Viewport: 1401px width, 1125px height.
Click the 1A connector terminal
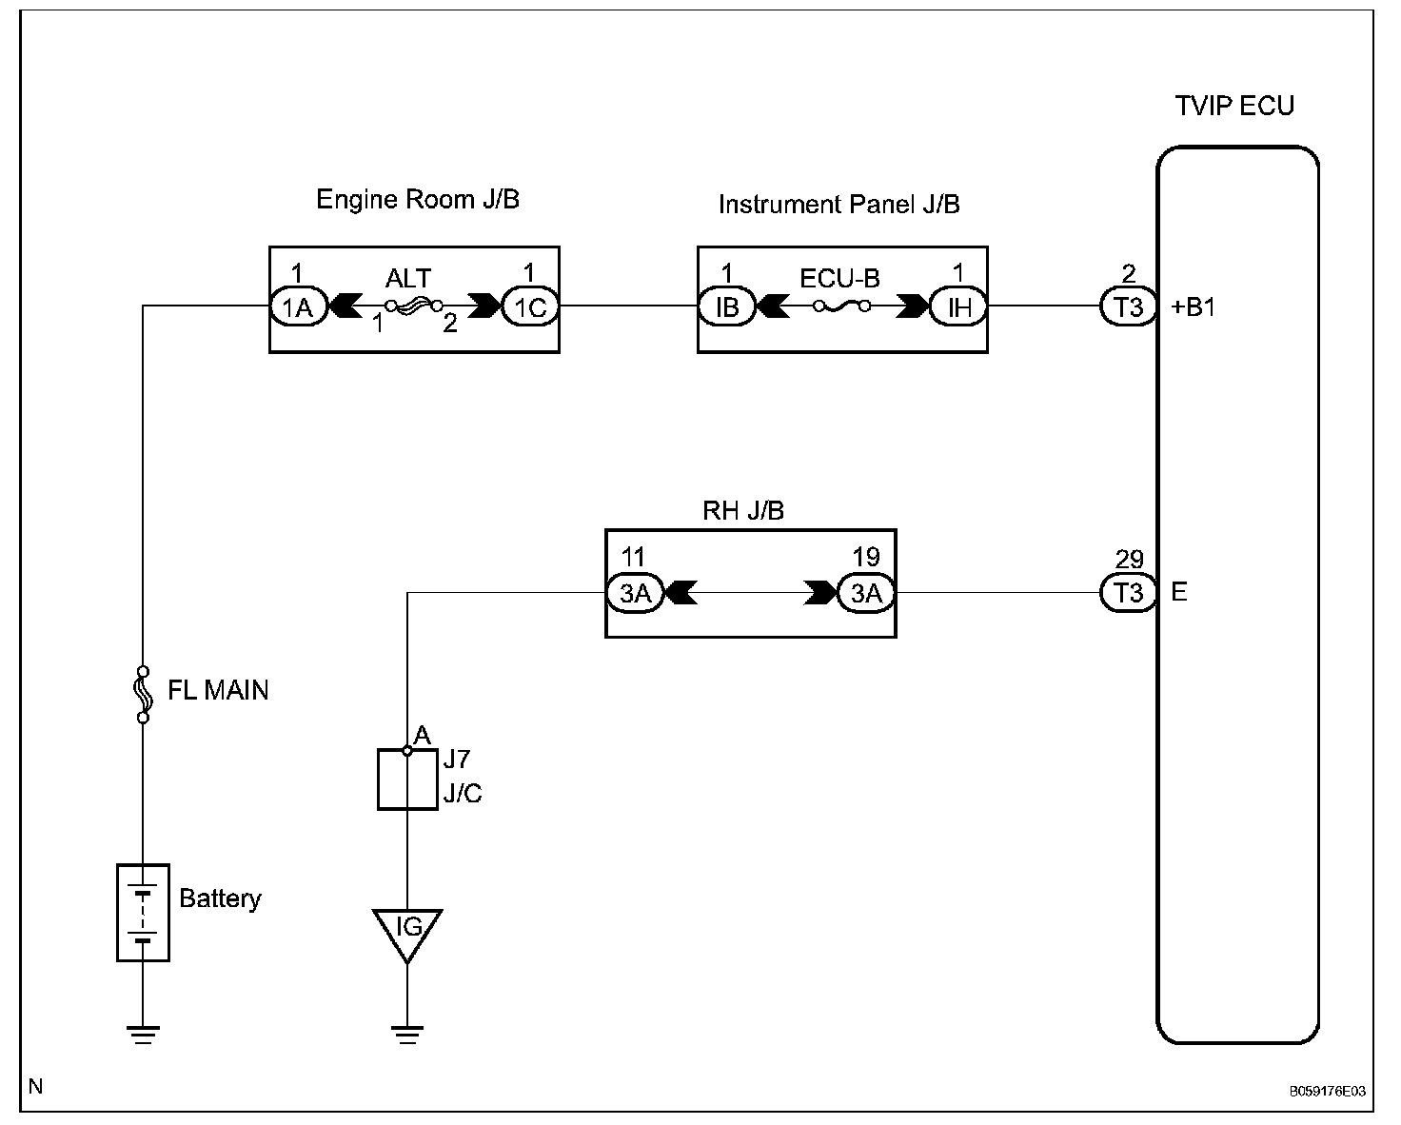coord(298,306)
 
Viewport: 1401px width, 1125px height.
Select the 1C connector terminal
coord(530,306)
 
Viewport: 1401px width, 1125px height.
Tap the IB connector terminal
coord(726,306)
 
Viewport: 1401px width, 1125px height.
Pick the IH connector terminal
coord(958,306)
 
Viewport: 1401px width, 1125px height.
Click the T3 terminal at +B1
coord(1128,306)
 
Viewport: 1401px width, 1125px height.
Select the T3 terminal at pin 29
coord(1128,593)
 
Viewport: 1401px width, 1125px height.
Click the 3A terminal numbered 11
coord(635,593)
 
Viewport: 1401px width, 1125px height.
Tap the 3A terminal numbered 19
coord(866,593)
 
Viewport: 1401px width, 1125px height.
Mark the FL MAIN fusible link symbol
coord(143,694)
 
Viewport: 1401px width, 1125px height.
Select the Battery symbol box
coord(143,913)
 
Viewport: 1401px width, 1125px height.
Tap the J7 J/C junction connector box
coord(407,780)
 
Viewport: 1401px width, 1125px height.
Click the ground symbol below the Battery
coord(143,1035)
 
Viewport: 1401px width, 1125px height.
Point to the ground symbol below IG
coord(407,1035)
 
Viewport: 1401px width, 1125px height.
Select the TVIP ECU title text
coord(1234,106)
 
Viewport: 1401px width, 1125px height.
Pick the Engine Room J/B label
coord(417,200)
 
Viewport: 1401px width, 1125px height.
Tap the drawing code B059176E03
coord(1328,1092)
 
